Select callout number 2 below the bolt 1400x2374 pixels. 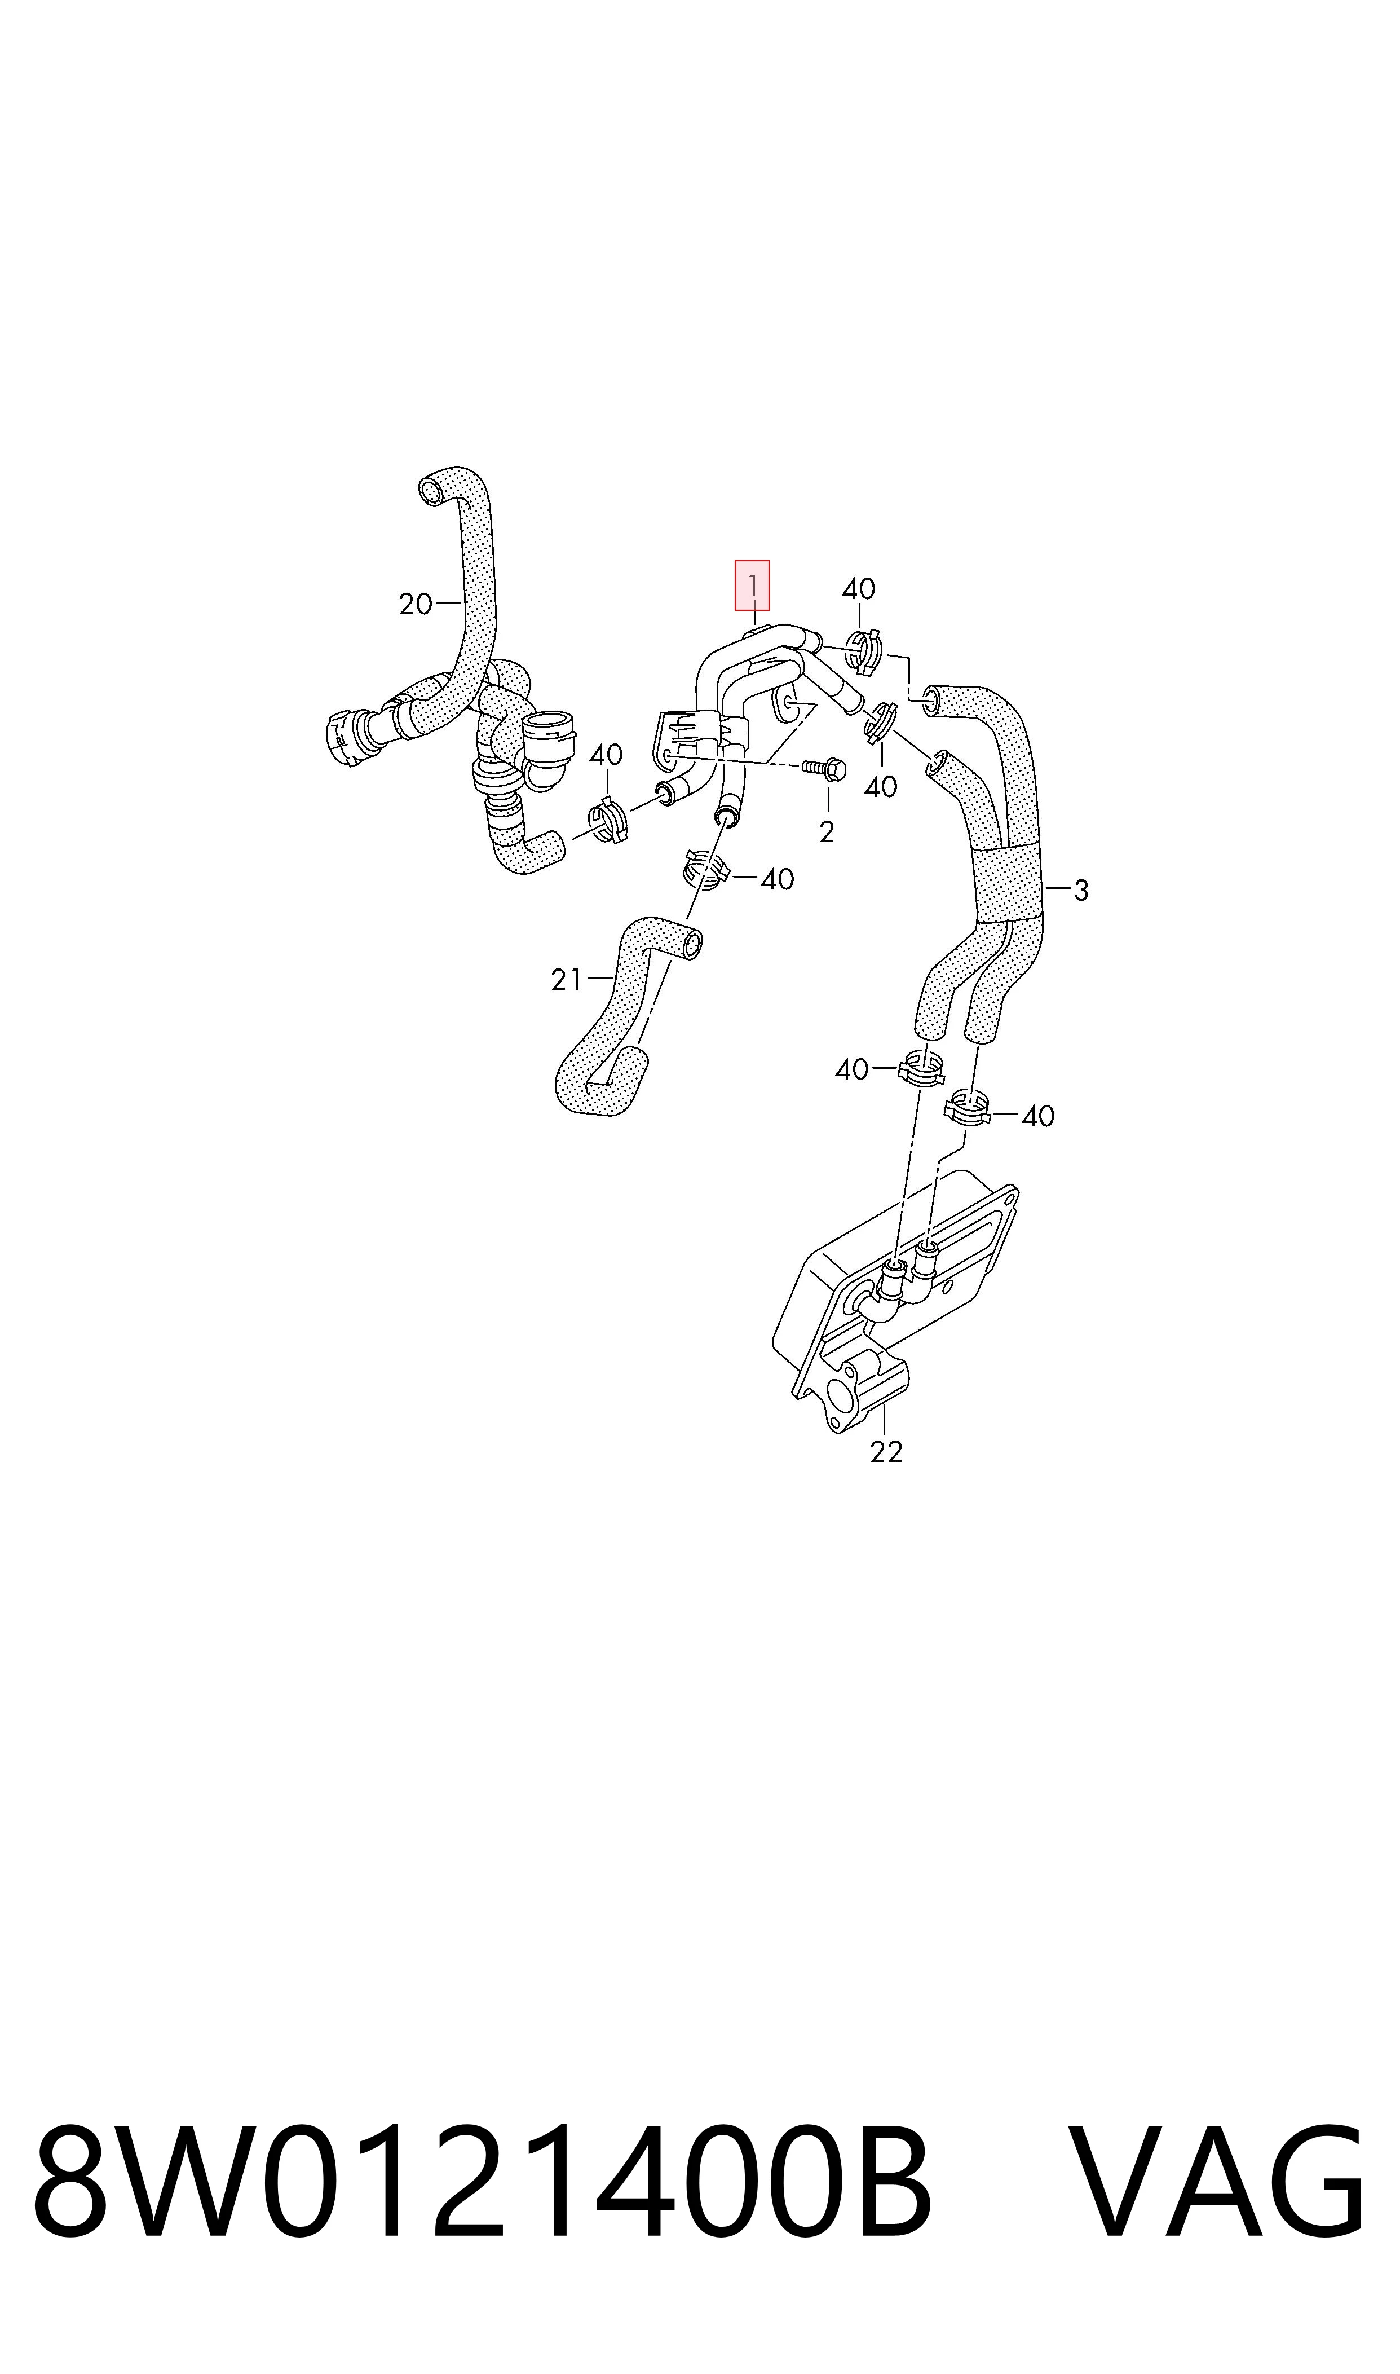[827, 832]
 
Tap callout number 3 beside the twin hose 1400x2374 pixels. [1081, 890]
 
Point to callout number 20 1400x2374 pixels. [415, 604]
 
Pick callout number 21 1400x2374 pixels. [566, 980]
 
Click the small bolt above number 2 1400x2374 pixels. [824, 769]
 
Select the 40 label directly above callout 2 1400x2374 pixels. [880, 786]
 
